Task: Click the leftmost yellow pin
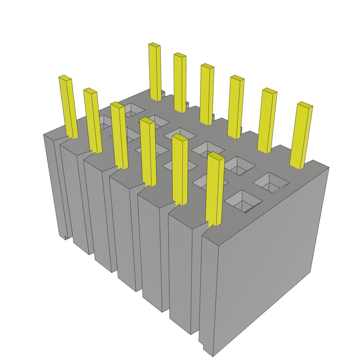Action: pos(68,107)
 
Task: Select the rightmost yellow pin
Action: pos(301,135)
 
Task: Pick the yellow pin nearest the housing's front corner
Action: pos(215,190)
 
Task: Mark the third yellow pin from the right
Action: pos(236,107)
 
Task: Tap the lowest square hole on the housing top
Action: pos(243,201)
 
